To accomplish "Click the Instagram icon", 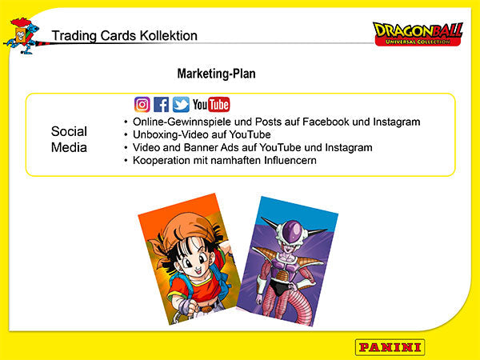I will click(x=142, y=104).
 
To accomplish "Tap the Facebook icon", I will click(x=162, y=104).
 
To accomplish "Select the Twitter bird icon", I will click(x=181, y=104).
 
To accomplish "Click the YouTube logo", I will click(x=211, y=104).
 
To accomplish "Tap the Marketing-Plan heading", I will click(x=216, y=74).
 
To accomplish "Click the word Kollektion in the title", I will click(x=165, y=35).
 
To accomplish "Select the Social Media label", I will click(x=69, y=139).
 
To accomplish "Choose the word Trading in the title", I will click(x=72, y=35).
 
